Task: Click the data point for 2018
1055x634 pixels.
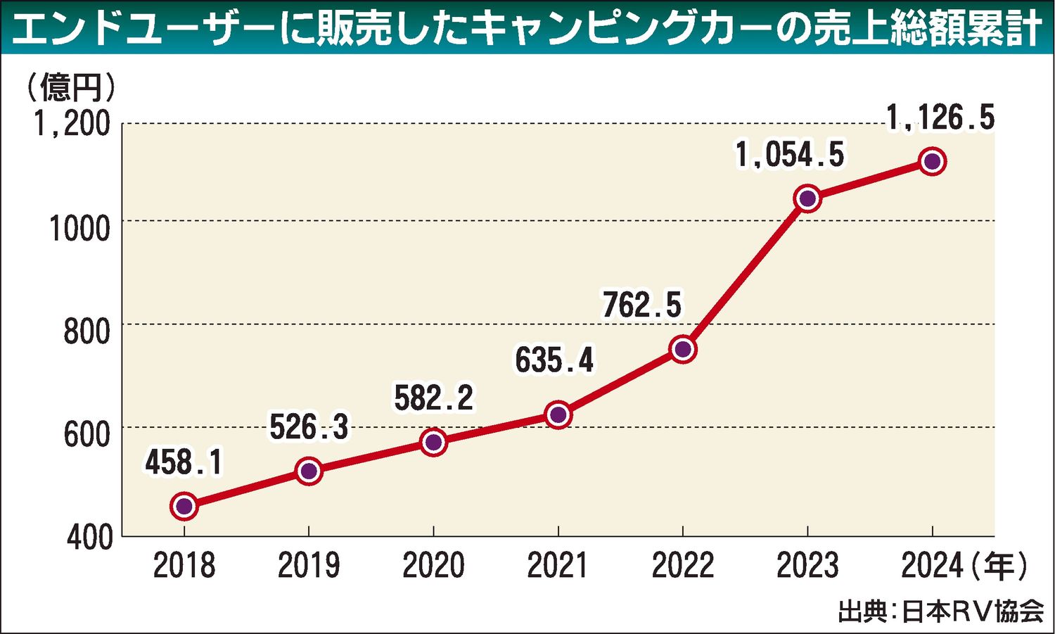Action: [x=184, y=506]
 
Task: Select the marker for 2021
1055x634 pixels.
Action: [x=558, y=414]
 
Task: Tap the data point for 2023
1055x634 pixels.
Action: [x=808, y=198]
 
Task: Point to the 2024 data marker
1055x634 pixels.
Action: [x=933, y=161]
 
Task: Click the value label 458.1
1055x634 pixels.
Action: [x=184, y=463]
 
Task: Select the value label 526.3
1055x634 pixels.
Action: [x=309, y=426]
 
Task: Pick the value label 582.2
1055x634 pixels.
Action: [x=433, y=398]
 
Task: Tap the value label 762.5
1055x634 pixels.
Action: [x=642, y=305]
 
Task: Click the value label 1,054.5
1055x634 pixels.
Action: [x=790, y=155]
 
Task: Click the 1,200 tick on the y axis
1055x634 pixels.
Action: [x=73, y=124]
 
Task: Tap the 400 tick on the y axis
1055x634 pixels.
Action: [x=89, y=538]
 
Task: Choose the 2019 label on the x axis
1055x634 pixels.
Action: [x=309, y=566]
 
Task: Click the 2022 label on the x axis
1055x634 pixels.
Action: [x=683, y=566]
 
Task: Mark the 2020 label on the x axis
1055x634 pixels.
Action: [x=433, y=566]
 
